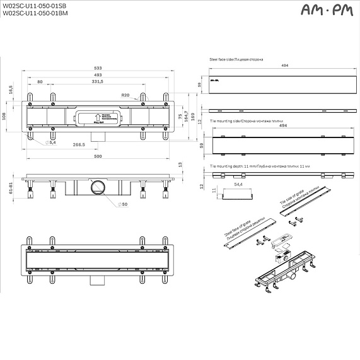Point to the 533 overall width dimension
tap(98, 67)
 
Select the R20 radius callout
tap(126, 95)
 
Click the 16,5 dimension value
tap(11, 91)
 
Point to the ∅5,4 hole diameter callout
tap(52, 143)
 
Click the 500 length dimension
tap(98, 156)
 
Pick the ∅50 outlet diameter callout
tap(124, 205)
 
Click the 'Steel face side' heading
tap(236, 59)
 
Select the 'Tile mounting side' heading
tap(241, 119)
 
